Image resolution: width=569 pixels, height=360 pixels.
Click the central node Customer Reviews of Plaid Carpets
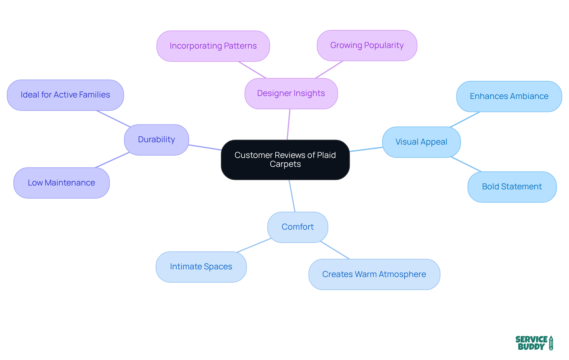coord(285,160)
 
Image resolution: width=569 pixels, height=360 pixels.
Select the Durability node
coord(156,140)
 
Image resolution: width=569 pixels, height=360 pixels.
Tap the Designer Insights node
coord(291,93)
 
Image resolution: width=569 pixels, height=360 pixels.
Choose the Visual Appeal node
coord(421,142)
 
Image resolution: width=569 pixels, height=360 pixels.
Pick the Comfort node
coord(298,227)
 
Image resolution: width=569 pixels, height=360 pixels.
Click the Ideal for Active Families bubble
coord(65,95)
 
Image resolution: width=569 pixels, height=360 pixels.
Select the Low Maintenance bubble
coord(61,183)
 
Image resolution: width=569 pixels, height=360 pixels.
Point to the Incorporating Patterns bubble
coord(213,46)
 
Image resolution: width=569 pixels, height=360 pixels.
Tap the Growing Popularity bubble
coord(367,45)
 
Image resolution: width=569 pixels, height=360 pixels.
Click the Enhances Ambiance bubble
coord(509,96)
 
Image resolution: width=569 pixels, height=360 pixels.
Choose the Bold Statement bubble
coord(512,187)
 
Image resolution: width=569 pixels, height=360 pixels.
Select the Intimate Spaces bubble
coord(201,267)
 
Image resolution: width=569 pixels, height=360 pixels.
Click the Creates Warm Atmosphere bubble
coord(374,274)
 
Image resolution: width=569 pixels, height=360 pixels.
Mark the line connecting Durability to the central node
coord(205,147)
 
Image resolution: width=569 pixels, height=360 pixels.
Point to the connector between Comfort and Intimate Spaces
coord(254,245)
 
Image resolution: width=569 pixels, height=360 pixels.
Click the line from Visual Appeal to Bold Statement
coord(466,164)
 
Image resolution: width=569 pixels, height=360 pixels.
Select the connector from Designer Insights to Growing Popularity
coord(329,70)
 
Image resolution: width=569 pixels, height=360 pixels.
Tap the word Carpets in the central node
coord(285,164)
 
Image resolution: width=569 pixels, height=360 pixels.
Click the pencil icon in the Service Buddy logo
coord(551,343)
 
